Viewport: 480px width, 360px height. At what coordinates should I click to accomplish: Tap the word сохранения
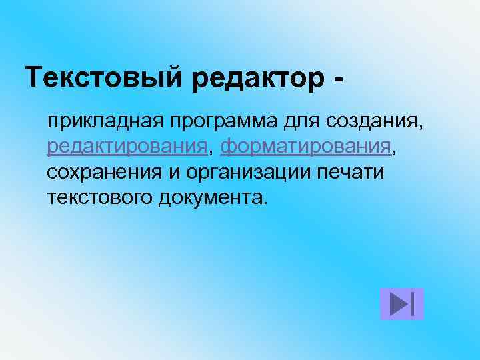click(104, 173)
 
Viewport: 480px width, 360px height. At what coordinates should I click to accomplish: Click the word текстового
click(100, 197)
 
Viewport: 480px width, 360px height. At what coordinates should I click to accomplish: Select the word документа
click(210, 197)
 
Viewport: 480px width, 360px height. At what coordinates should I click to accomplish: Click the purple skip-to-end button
click(402, 304)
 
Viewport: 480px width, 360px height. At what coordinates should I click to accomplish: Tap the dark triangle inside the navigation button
click(399, 304)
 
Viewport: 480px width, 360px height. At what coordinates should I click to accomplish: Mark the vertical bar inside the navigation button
click(414, 304)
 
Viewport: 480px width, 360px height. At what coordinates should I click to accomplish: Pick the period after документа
click(265, 202)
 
